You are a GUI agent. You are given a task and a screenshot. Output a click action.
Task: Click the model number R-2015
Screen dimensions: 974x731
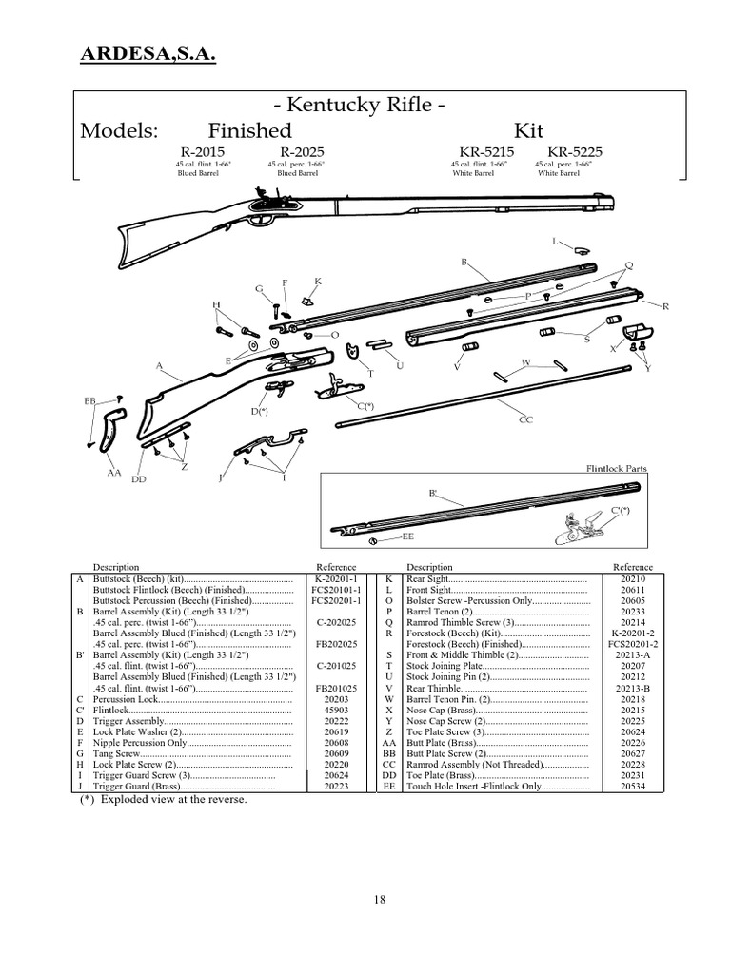tap(198, 151)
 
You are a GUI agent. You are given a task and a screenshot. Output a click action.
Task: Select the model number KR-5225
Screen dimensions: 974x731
tap(574, 151)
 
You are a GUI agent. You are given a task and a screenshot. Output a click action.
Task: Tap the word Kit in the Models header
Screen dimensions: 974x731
tap(529, 129)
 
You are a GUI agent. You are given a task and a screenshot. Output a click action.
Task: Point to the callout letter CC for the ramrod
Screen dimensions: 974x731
tap(524, 419)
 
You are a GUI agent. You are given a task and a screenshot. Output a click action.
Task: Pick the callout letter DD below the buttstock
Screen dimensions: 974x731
tap(139, 479)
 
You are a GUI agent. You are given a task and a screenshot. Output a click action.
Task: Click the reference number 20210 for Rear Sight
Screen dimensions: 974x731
tap(632, 578)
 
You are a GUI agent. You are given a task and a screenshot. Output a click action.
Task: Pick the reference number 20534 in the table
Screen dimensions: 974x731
tap(632, 787)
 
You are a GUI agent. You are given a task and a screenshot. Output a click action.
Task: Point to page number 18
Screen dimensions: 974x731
tap(380, 901)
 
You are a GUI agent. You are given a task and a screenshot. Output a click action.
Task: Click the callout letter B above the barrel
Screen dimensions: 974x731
tap(464, 261)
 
